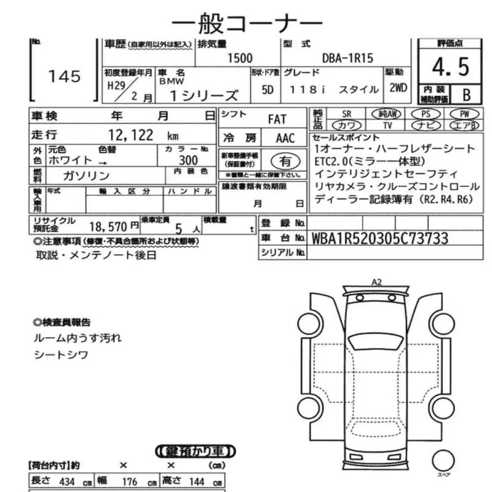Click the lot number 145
pos(65,76)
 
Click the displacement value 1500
pos(240,58)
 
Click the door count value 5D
pos(267,89)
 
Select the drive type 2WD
pos(398,87)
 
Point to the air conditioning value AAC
pos(285,138)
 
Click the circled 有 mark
pos(286,162)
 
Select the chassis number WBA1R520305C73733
pos(380,238)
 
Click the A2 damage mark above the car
pos(376,282)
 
